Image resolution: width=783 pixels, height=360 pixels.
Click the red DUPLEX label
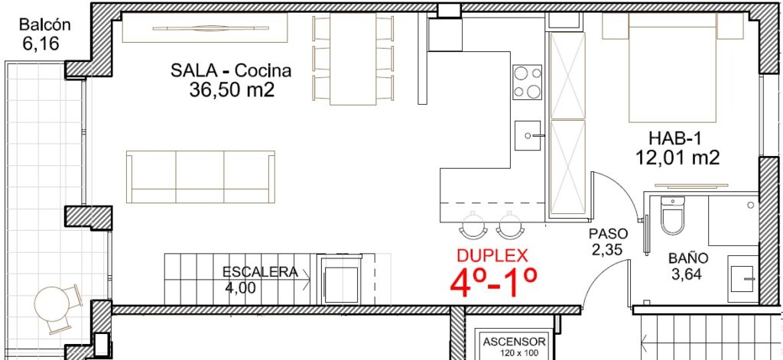point(492,255)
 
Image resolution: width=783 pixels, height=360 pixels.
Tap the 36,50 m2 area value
point(232,90)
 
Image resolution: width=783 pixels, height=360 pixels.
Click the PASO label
point(608,234)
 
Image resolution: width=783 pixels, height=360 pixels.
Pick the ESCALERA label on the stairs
point(260,272)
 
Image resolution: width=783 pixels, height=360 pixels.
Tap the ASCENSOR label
point(515,342)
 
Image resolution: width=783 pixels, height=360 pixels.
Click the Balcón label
point(44,24)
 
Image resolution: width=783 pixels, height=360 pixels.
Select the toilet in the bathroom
point(672,216)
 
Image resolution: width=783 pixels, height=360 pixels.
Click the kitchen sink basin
point(528,135)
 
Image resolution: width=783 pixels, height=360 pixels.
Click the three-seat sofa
point(201,177)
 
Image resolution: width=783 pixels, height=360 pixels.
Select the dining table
point(353,59)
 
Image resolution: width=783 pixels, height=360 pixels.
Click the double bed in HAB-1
point(673,67)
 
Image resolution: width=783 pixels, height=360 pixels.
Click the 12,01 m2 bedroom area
point(677,157)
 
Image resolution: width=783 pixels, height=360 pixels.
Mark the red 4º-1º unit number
point(493,282)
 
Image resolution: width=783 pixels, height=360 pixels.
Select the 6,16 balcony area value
point(41,44)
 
